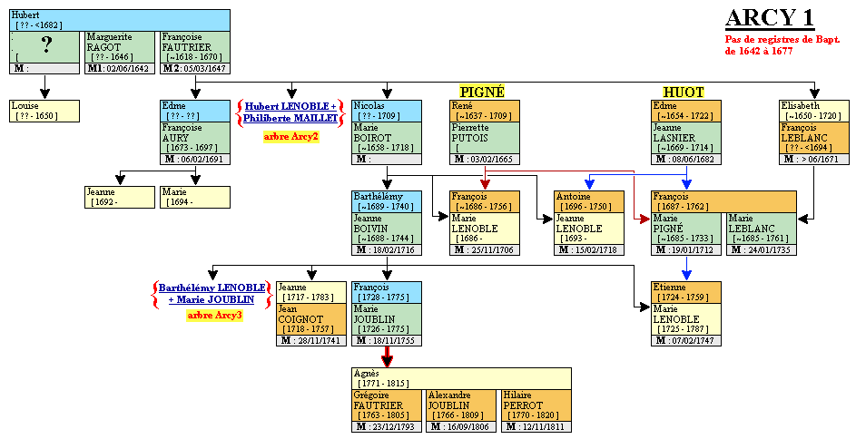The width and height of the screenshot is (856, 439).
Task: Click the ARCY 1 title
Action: click(x=769, y=19)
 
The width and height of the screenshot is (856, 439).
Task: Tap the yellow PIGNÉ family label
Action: click(x=481, y=92)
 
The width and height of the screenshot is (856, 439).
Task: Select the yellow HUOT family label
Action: click(x=683, y=92)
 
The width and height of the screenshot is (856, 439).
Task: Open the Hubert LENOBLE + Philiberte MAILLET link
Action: click(x=290, y=112)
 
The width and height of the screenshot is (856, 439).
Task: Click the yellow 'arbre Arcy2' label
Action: click(x=290, y=136)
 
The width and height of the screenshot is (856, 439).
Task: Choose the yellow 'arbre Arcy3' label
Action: click(x=214, y=316)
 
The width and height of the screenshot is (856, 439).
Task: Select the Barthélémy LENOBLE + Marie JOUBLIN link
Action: click(x=215, y=293)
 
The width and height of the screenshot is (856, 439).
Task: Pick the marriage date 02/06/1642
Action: click(x=119, y=68)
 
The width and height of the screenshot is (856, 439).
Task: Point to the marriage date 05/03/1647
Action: click(x=193, y=68)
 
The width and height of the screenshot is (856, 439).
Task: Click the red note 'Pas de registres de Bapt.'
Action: click(x=782, y=40)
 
